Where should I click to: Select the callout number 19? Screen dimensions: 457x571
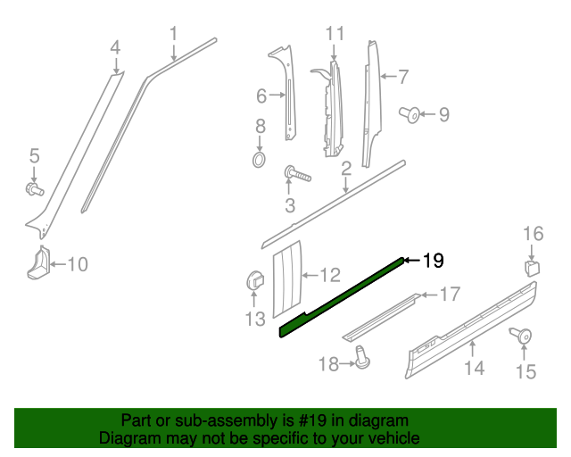click(433, 261)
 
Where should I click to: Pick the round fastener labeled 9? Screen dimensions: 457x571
click(414, 114)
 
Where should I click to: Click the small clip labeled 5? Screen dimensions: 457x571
click(34, 188)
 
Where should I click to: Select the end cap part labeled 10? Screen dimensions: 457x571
click(38, 263)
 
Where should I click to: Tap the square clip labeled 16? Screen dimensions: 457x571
click(532, 267)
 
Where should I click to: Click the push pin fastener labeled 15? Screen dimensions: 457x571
click(521, 337)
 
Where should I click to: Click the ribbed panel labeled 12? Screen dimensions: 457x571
click(287, 278)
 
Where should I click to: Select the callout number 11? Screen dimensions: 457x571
click(335, 34)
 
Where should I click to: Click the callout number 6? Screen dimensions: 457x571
click(261, 96)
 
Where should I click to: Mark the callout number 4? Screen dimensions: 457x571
click(115, 46)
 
